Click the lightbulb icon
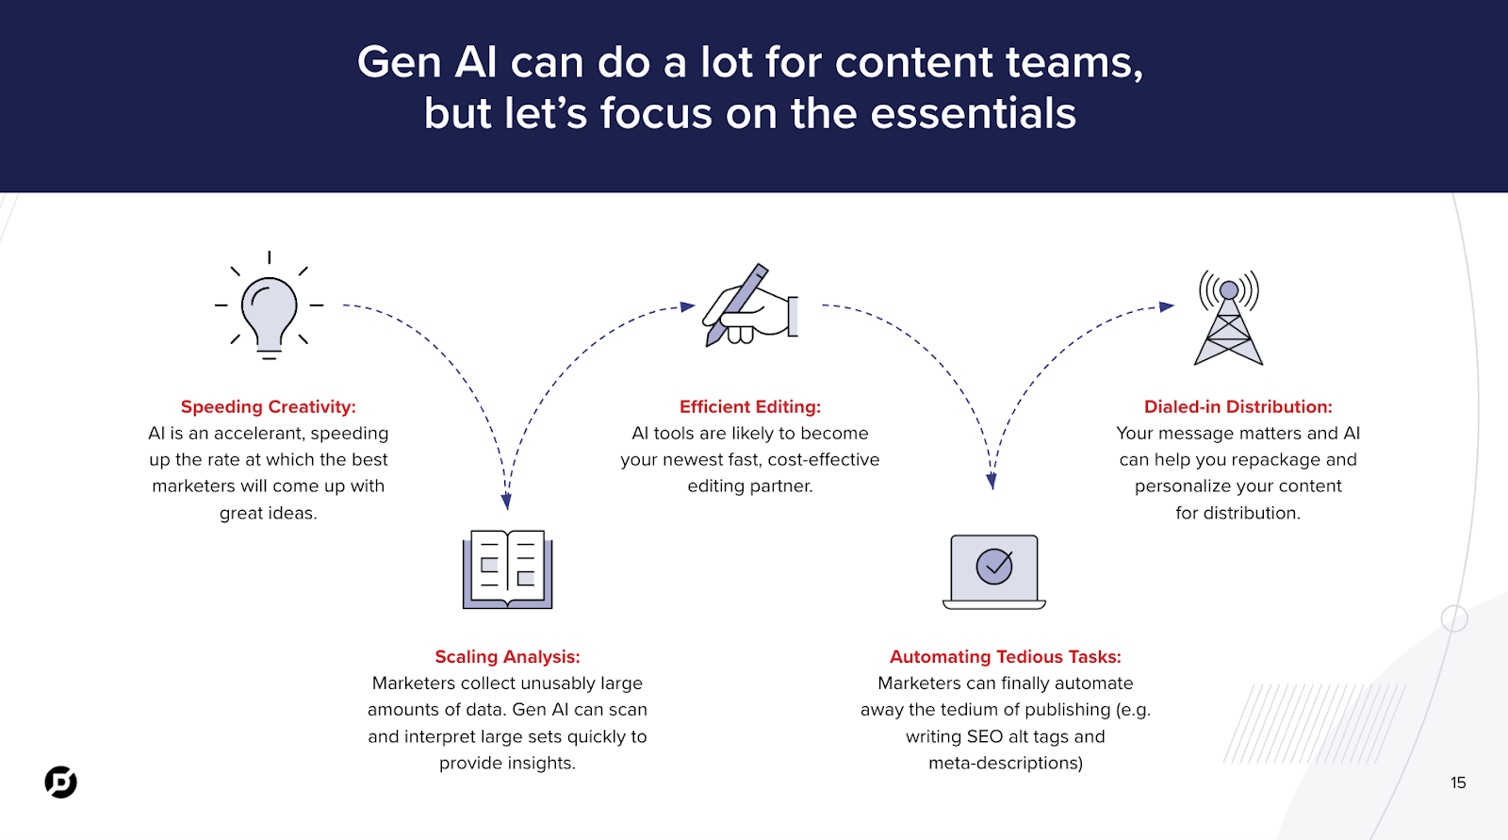[x=270, y=305]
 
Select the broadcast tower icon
[x=1229, y=318]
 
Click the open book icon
[x=508, y=569]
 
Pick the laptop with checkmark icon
[x=994, y=572]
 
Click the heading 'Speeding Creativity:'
[x=268, y=407]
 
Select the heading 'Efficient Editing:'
[x=750, y=407]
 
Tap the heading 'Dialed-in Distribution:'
[x=1238, y=407]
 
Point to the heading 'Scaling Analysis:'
[x=508, y=657]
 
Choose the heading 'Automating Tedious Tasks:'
[x=1005, y=657]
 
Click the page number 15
[x=1458, y=782]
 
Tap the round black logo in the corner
[x=60, y=782]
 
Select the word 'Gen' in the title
[x=400, y=62]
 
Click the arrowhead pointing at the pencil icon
[x=688, y=306]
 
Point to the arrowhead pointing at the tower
[x=1167, y=306]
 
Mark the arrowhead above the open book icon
[x=507, y=502]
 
